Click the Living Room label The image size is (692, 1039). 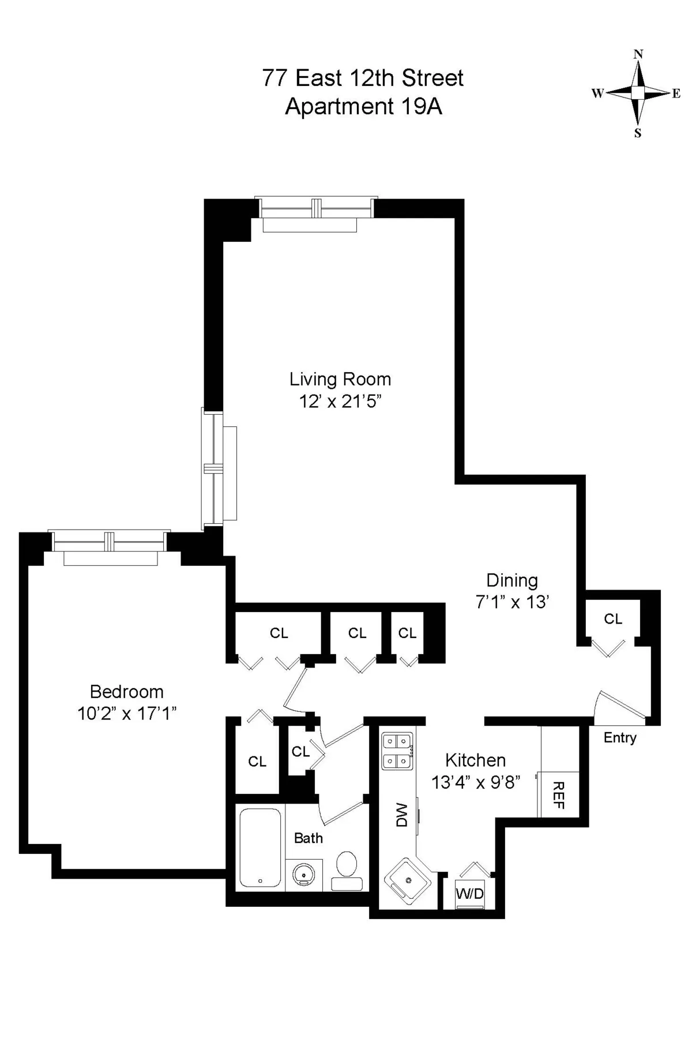[340, 379]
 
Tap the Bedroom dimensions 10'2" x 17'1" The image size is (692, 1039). [127, 714]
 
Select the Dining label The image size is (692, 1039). [512, 580]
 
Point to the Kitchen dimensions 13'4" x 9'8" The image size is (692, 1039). [476, 782]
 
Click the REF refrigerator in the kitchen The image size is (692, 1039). [558, 794]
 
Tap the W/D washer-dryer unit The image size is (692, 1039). [470, 894]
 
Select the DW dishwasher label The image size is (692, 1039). [402, 815]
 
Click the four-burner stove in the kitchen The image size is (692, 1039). [397, 751]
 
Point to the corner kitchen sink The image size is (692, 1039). [408, 880]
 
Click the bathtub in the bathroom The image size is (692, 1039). [260, 847]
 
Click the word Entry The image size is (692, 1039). [620, 737]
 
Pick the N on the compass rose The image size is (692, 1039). [638, 54]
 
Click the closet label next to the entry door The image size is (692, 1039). [613, 619]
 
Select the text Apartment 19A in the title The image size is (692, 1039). [363, 107]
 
